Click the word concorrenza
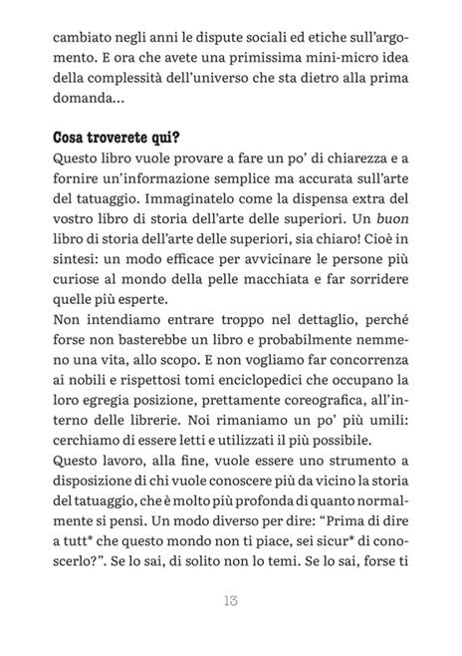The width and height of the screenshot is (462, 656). (361, 367)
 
